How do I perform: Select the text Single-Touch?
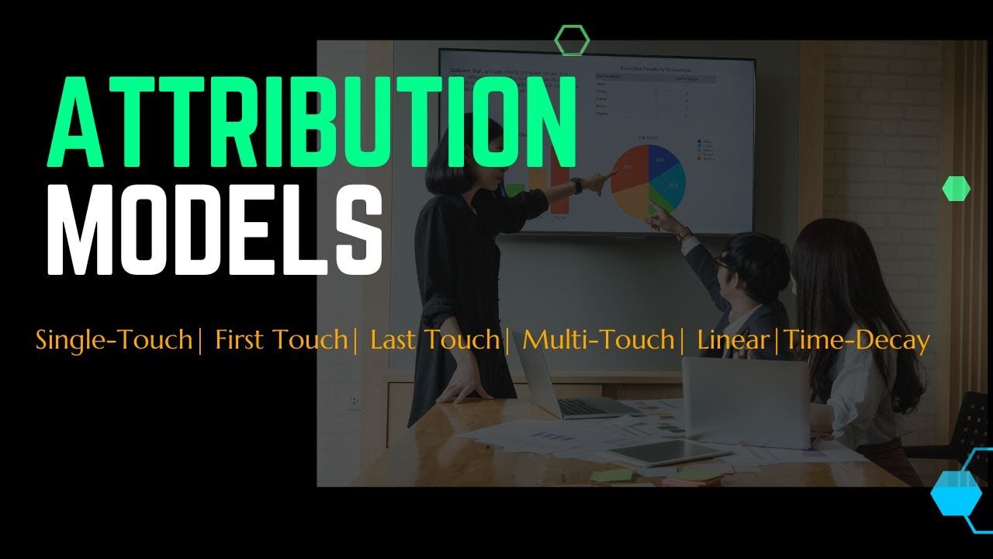click(113, 340)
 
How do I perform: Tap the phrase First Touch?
click(281, 340)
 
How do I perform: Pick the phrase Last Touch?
click(434, 340)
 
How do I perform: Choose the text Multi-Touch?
click(597, 340)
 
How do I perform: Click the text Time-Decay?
click(856, 340)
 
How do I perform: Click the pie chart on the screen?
click(648, 179)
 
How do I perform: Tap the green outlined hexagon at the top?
click(573, 40)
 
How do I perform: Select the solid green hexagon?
click(956, 189)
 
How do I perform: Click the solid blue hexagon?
click(956, 493)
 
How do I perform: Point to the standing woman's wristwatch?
click(576, 186)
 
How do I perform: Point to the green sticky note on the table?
click(611, 475)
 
